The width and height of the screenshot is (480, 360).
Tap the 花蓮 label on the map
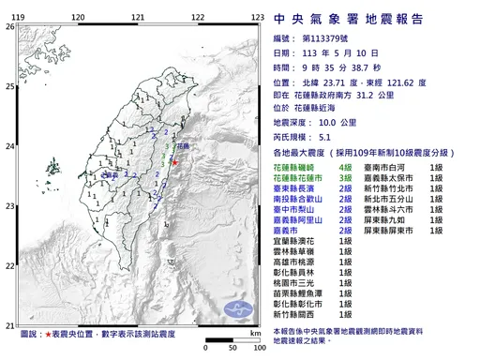pos(181,146)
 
